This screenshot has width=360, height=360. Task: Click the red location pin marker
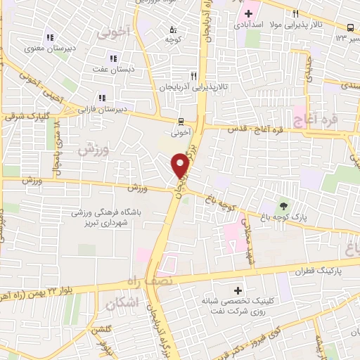coord(181,165)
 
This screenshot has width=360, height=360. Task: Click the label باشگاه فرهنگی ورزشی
coord(103,212)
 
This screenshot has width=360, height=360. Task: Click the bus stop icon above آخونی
coord(180,120)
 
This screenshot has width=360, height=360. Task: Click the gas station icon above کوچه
coord(172,30)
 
